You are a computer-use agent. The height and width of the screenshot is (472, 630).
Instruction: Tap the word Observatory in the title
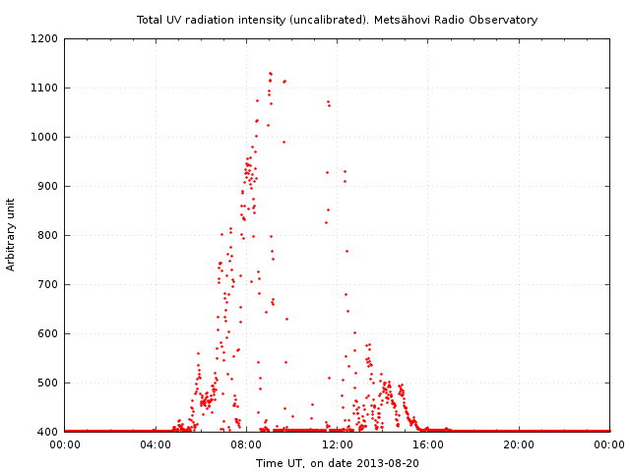coord(506,20)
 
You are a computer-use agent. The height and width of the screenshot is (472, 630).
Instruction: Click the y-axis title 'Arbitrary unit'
coord(12,235)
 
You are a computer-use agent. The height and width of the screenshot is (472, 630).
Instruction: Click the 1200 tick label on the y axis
coord(46,39)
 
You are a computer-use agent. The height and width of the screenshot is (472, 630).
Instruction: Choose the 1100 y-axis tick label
coord(46,88)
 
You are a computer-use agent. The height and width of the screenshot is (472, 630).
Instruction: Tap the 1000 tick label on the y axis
coord(46,138)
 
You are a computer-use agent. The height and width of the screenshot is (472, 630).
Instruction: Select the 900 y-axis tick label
coord(49,187)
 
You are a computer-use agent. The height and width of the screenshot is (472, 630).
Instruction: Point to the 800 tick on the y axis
coord(49,236)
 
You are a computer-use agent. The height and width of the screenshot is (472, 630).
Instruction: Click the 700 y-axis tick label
coord(49,285)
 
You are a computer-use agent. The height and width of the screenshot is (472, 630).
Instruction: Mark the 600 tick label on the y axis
coord(49,334)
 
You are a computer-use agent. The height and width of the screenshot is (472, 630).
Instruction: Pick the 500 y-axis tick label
coord(49,383)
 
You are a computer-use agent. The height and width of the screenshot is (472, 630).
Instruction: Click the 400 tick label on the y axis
coord(49,432)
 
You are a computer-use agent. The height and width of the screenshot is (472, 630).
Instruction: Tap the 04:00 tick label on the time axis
coord(156,444)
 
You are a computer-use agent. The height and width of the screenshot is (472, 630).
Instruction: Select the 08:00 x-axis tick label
coord(246,444)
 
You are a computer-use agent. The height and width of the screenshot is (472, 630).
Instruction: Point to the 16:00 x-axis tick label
coord(428,444)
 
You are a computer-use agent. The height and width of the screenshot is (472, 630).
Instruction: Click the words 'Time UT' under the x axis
coord(278,462)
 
